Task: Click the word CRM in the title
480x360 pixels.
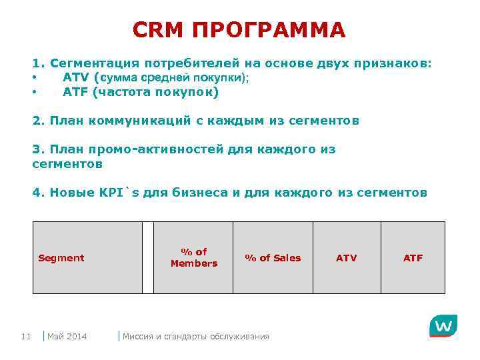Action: [x=157, y=30]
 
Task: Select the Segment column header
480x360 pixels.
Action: [x=61, y=258]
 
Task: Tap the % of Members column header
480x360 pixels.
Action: [x=194, y=257]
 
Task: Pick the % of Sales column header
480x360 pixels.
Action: [x=273, y=258]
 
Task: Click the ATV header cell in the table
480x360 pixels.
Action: [x=346, y=258]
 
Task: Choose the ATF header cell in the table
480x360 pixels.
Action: [x=413, y=258]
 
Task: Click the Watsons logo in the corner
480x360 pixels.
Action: [x=443, y=327]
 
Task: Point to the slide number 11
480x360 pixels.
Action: [x=26, y=336]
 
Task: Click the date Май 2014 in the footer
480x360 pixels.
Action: [x=67, y=336]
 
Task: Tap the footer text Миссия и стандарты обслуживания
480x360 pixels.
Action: [x=196, y=336]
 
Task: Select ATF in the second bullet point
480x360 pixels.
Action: [x=77, y=92]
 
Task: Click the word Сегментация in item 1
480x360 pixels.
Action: [x=95, y=63]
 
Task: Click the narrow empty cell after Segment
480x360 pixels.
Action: [x=148, y=257]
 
